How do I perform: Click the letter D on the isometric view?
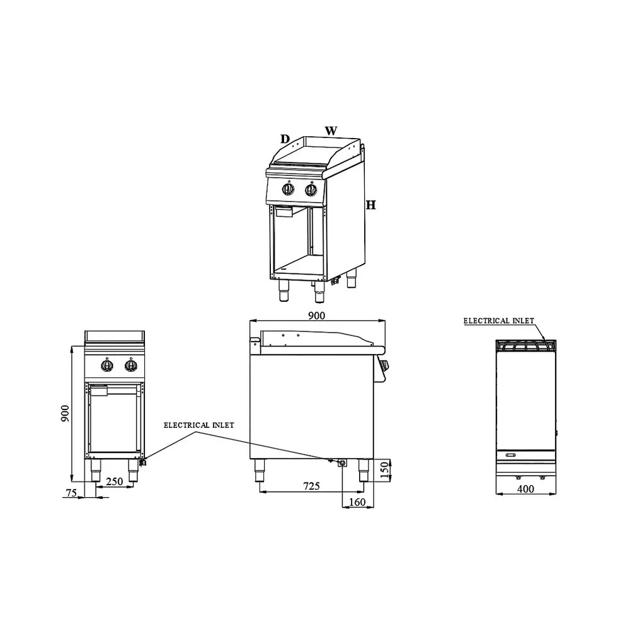point(285,139)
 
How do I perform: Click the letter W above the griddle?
point(331,131)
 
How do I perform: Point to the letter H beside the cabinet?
point(371,205)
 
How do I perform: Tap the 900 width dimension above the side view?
point(317,316)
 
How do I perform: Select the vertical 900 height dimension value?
point(65,413)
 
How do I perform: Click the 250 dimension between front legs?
point(115,481)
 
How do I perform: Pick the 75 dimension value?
point(71,493)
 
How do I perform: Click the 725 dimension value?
point(311,486)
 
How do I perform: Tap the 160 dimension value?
point(357,502)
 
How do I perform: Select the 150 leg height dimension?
point(384,470)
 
